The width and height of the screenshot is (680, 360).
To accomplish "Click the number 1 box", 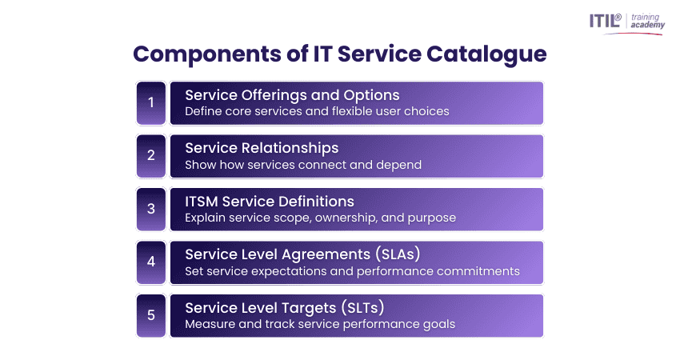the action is pos(151,103).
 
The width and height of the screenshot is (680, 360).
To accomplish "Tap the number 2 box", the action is pos(151,156).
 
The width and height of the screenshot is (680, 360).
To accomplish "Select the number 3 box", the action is pos(151,210).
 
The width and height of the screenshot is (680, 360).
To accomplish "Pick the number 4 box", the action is pos(151,262).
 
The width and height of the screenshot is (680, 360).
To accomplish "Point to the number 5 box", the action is pos(151,316).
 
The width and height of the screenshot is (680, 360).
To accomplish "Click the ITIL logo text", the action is pos(605,20).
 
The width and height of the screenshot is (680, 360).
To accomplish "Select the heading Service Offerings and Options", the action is pos(292,95).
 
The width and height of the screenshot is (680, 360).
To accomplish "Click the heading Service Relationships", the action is pos(262,148).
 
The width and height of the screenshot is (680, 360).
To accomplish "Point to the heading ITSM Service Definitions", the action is pos(270,202).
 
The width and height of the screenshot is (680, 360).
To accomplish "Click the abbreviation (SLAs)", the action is pos(398,254).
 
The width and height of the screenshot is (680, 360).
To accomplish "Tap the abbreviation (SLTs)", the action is pos(362,307).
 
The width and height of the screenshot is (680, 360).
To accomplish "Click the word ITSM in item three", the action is pos(202,202).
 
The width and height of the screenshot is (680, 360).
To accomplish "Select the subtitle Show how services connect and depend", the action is pos(303,165).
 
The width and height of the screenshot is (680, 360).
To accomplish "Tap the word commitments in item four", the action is pos(478,271).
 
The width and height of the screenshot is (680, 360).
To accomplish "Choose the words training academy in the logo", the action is pos(647,21).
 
